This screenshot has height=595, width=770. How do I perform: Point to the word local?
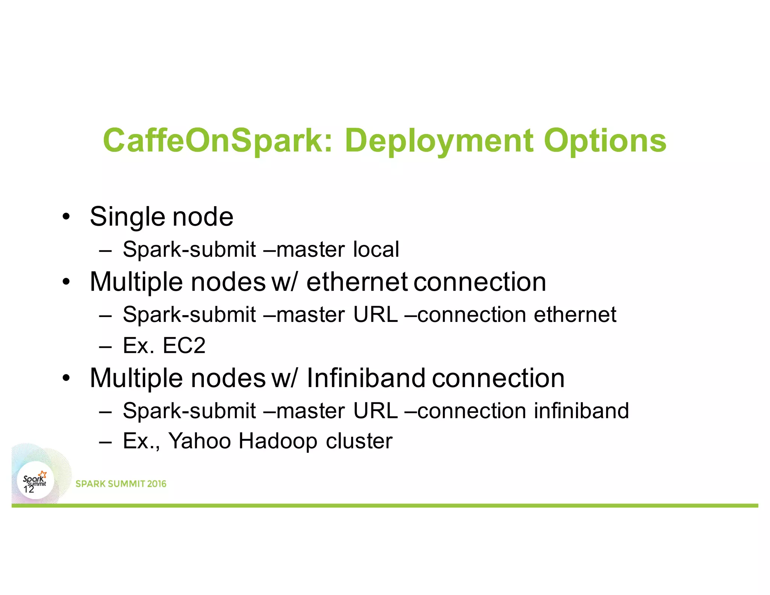376,249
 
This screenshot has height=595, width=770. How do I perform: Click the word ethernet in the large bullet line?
357,282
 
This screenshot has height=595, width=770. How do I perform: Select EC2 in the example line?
184,345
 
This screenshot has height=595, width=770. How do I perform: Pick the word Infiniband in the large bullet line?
366,378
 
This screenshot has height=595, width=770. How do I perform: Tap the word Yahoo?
199,441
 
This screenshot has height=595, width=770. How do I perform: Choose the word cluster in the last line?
359,441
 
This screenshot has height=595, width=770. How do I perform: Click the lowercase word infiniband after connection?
581,410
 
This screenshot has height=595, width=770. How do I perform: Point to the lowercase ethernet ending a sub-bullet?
575,314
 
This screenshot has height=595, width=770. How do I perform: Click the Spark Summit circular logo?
35,480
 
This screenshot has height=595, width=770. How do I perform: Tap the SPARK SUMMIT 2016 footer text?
121,484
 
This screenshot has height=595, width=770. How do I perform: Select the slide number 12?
29,489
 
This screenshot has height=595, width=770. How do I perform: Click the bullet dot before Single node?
67,217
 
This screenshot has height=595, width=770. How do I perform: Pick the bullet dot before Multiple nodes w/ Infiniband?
67,378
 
